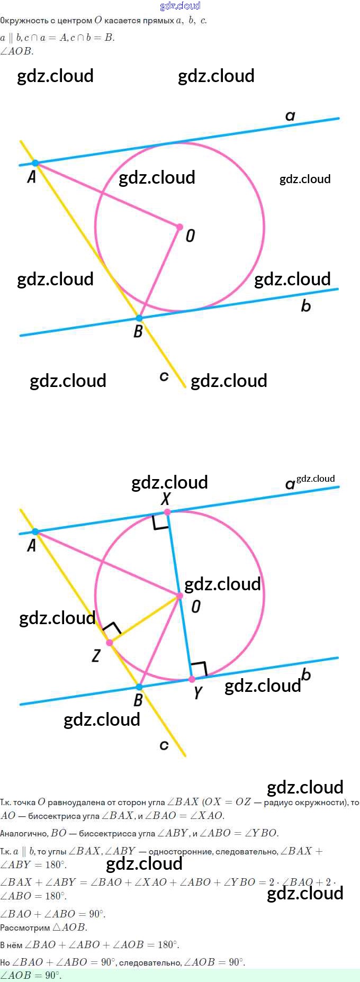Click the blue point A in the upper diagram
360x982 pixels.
click(35, 163)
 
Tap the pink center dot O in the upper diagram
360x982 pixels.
click(179, 227)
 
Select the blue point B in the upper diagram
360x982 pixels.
click(139, 318)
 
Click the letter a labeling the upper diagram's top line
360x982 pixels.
click(290, 116)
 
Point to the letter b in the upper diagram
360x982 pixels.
click(306, 305)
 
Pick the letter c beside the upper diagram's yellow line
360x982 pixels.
click(164, 376)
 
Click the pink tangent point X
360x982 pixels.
click(167, 512)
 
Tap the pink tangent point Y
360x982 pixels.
click(192, 679)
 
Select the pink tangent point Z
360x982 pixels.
click(110, 643)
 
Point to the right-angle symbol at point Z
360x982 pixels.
click(112, 630)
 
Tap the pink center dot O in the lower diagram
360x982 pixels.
click(179, 596)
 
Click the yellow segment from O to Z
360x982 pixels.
click(144, 619)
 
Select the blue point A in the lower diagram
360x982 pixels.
click(35, 531)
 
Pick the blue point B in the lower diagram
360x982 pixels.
click(139, 687)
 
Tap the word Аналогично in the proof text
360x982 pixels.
click(23, 833)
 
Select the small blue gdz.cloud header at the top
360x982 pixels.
click(180, 6)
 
